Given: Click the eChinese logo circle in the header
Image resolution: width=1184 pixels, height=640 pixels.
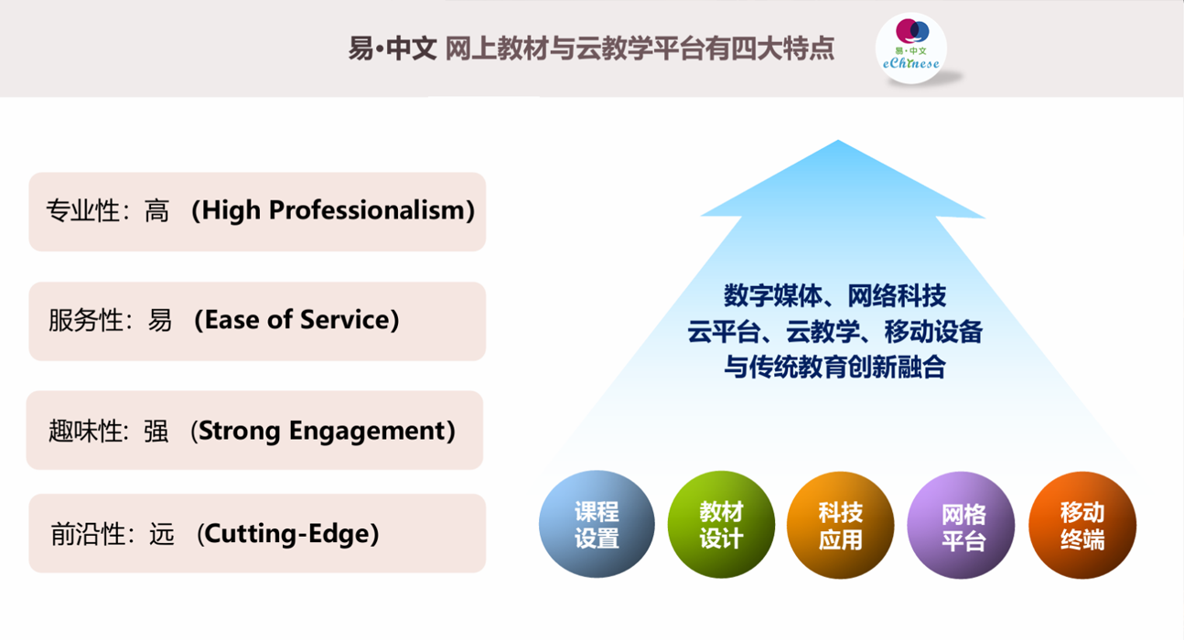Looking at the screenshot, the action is pos(910,48).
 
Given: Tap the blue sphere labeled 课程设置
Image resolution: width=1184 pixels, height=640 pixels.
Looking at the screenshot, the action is pos(597,524).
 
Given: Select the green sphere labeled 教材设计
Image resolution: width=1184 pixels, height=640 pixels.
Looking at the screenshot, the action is pos(722,525).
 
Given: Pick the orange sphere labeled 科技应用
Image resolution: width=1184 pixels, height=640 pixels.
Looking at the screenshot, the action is pos(841,525).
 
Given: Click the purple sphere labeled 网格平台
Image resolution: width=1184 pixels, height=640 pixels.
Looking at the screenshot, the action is pos(961,526).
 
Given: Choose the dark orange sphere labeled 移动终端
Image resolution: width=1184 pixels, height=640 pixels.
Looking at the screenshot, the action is pos(1082,526).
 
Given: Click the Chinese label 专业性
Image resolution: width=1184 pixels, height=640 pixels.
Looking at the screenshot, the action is pos(83,211).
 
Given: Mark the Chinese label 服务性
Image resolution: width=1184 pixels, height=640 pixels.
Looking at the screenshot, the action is pos(86,321).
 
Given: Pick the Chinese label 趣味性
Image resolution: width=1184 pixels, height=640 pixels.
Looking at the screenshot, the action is pos(86,431).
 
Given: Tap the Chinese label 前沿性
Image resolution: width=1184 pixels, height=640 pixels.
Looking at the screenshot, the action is pos(88,534).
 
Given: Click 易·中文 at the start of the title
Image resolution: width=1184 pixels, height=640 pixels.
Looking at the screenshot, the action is pos(393,48).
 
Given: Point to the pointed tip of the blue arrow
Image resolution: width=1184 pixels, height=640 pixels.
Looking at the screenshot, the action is pos(838,140).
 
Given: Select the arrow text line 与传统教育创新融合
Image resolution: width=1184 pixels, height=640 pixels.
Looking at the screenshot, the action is pos(834,367).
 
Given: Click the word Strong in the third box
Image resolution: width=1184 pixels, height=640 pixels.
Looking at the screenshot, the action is pos(239,432).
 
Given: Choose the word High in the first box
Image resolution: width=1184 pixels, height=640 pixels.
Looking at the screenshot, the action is pos(231,210).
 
